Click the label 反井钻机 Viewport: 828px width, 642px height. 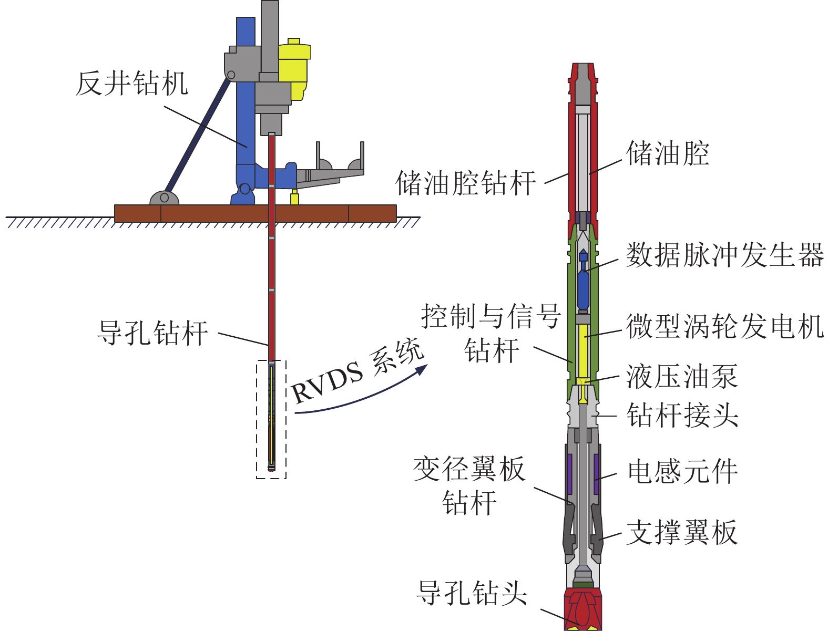pos(131,84)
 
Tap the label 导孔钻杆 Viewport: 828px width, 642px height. pos(152,333)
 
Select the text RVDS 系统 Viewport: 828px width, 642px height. pos(357,372)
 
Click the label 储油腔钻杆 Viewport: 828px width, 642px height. pos(465,183)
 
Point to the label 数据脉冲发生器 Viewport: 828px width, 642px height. pos(724,255)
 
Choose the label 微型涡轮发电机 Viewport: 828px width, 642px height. pos(724,326)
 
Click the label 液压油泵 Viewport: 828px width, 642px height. pos(682,377)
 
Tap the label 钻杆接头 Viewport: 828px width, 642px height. pos(682,415)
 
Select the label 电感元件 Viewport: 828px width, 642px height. pos(682,471)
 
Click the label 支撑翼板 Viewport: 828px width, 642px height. pos(682,532)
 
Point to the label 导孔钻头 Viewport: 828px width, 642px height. pos(472,593)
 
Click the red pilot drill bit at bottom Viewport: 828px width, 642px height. pos(582,609)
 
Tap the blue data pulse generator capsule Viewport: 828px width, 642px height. pos(583,289)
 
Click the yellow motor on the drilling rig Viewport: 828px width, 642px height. pos(293,68)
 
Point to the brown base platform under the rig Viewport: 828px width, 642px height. pos(255,213)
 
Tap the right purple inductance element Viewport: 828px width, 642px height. pos(596,474)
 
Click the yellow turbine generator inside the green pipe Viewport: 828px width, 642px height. pos(582,349)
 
